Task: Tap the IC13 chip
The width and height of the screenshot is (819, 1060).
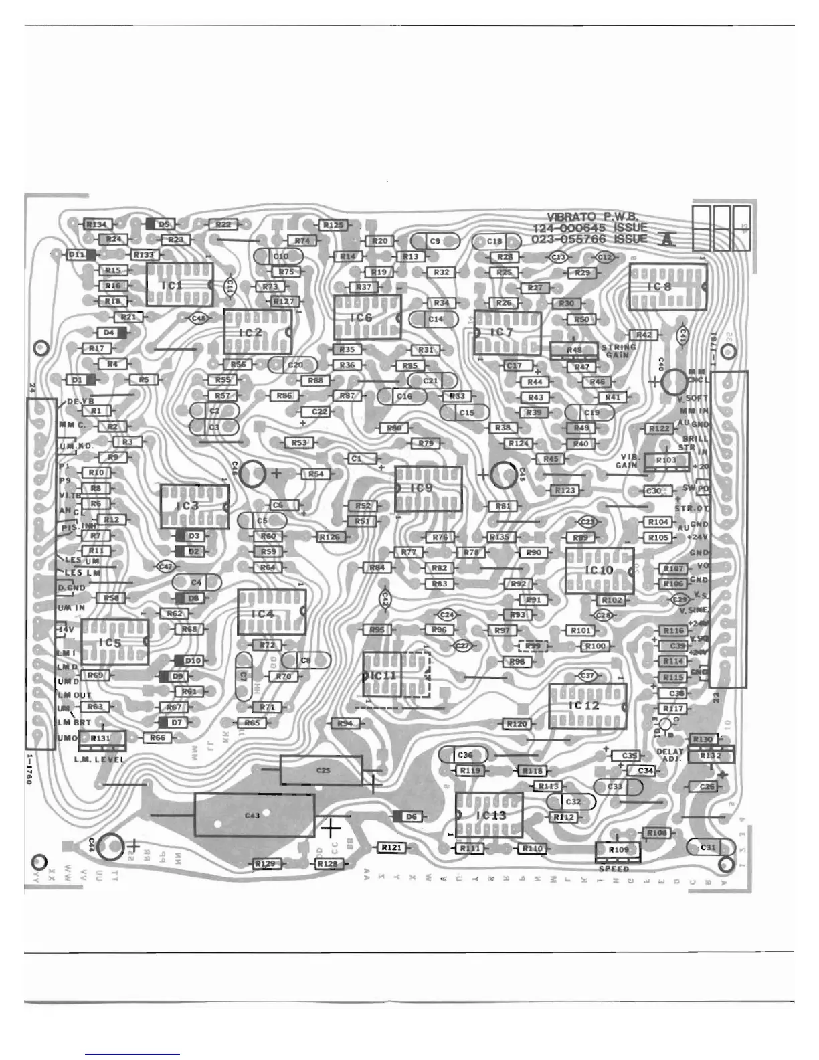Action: [489, 815]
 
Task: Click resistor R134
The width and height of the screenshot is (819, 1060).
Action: [97, 224]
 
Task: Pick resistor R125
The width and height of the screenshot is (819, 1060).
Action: [333, 226]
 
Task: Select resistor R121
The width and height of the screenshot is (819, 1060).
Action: [391, 847]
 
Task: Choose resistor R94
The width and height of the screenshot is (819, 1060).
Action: [345, 723]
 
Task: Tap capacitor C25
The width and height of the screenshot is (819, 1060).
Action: [322, 770]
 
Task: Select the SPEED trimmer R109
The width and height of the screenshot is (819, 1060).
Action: [618, 849]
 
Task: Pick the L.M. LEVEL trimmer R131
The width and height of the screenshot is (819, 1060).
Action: [101, 737]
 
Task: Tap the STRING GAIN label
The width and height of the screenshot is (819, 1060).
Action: [618, 351]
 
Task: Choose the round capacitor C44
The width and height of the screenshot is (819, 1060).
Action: [110, 847]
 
